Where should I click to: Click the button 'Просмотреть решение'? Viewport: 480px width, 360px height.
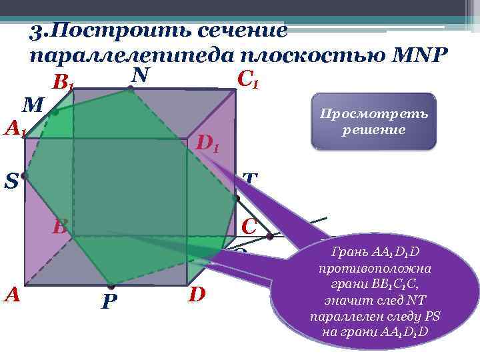click(373, 121)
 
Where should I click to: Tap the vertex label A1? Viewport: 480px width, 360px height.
click(15, 128)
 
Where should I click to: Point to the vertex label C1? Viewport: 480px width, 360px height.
click(247, 81)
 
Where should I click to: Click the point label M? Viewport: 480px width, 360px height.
click(33, 105)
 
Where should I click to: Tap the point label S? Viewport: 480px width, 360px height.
click(11, 181)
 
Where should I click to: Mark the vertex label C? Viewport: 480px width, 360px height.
click(249, 225)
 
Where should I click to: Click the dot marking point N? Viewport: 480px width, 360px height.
click(131, 88)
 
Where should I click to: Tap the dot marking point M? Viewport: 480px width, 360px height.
click(54, 113)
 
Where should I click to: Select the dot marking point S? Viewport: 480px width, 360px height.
click(24, 176)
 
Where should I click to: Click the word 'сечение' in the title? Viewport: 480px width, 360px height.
click(239, 30)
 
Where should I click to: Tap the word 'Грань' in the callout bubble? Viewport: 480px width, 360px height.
click(346, 253)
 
